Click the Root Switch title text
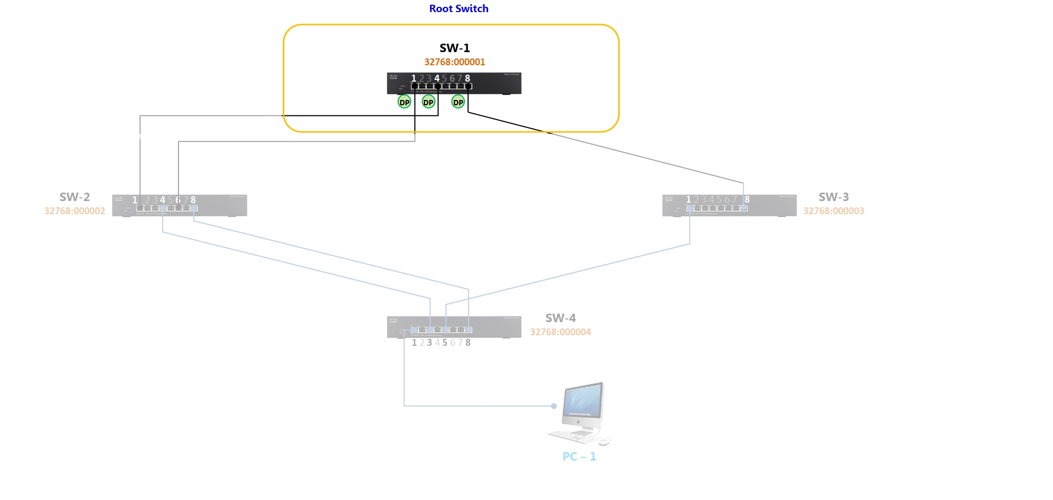(459, 8)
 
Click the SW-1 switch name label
(454, 48)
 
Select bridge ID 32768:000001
(454, 62)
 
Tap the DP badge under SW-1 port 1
(404, 102)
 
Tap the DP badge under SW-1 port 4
(429, 102)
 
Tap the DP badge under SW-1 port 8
(458, 102)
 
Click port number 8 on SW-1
(468, 78)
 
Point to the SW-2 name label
(74, 197)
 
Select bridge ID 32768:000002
(74, 211)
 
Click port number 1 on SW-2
(135, 200)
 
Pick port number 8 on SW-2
(193, 200)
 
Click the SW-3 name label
(833, 197)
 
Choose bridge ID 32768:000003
(833, 211)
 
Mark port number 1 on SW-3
(689, 199)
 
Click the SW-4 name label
(560, 318)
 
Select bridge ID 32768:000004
(560, 332)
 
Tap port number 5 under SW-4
(445, 343)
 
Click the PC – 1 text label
(579, 456)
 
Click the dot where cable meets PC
(554, 406)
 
